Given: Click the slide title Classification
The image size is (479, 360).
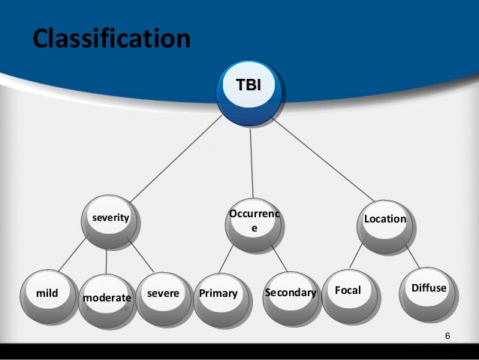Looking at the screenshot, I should [x=110, y=38].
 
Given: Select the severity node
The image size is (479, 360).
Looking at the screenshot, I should [x=110, y=219].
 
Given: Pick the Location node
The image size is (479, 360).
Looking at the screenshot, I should [x=384, y=219].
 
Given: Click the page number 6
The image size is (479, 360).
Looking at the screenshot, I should [x=447, y=334].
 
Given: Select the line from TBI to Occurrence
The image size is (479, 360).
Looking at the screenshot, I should [x=252, y=158].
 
